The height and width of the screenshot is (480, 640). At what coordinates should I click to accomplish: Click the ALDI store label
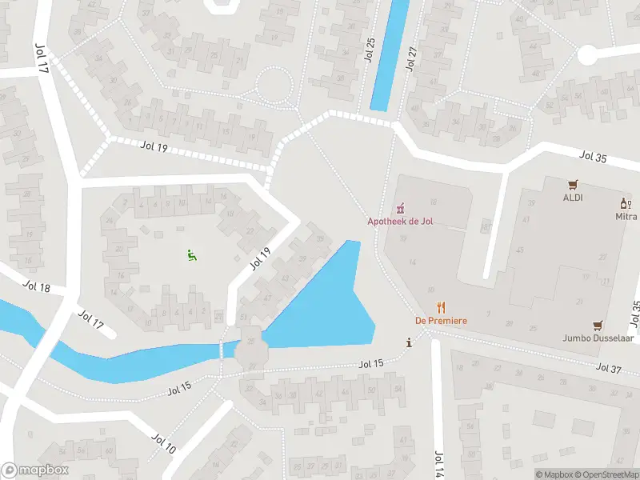(x=572, y=198)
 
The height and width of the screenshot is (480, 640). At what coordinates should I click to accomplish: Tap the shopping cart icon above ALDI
(x=572, y=185)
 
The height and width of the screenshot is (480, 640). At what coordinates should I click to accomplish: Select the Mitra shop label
(x=626, y=217)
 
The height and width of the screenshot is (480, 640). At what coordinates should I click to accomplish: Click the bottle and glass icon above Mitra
(x=626, y=204)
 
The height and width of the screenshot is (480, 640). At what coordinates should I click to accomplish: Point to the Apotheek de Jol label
(x=400, y=222)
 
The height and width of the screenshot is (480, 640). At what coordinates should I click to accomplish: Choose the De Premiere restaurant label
(x=441, y=321)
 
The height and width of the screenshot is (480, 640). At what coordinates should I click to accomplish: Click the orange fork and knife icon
(x=441, y=307)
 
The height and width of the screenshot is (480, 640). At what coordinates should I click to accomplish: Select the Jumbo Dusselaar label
(x=597, y=338)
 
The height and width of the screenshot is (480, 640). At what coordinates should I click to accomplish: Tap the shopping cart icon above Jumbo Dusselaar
(x=597, y=326)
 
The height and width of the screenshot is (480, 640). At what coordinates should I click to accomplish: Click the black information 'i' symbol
(x=410, y=342)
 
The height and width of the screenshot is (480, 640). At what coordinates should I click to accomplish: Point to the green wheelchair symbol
(x=190, y=255)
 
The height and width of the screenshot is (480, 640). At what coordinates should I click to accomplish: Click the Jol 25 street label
(x=370, y=53)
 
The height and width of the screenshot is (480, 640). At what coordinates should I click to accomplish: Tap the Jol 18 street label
(x=36, y=286)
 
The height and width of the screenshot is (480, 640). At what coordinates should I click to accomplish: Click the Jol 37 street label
(x=609, y=368)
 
